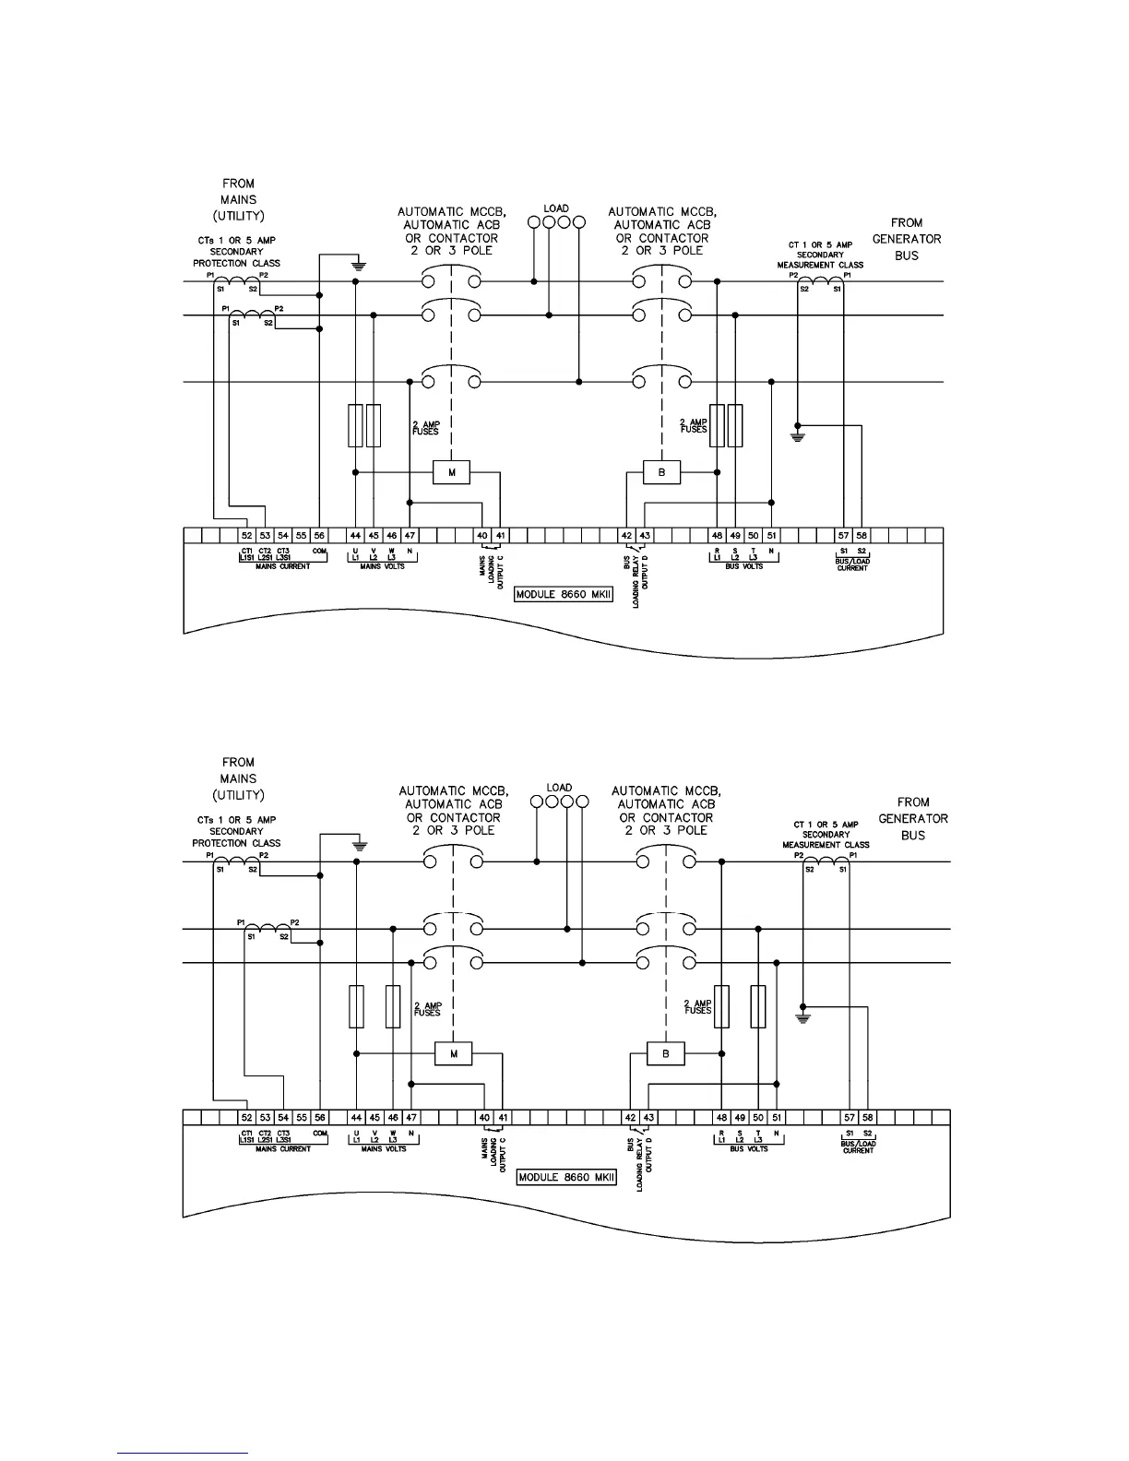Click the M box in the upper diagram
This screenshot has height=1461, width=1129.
pos(452,473)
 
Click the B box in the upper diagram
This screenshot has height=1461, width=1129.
pos(661,473)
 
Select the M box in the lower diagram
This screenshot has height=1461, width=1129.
pos(453,1054)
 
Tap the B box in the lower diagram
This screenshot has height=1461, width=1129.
pos(666,1054)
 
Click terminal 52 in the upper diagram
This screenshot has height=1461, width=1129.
pos(246,535)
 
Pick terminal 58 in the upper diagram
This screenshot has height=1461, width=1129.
pos(862,535)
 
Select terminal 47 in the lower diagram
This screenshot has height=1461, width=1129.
pos(411,1118)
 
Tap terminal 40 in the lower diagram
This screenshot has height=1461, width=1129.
pos(484,1118)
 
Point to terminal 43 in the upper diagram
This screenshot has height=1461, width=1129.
pos(645,535)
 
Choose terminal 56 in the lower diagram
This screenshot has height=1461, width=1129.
pos(320,1118)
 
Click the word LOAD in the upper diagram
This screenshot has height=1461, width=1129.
pos(556,209)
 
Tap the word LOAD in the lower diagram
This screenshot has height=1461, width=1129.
pos(559,788)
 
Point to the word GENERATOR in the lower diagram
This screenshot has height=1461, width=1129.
pos(912,818)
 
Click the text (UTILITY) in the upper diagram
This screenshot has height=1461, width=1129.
pos(238,215)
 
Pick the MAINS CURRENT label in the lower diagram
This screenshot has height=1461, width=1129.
pos(283,1149)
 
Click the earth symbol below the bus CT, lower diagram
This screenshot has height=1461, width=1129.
pos(803,1018)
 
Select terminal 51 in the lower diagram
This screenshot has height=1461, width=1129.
pos(776,1118)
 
